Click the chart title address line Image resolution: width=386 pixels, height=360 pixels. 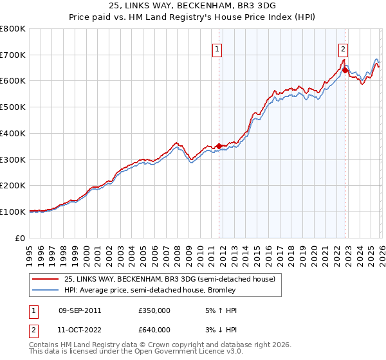coord(193,6)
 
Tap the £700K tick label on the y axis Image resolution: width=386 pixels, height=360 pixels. coord(13,55)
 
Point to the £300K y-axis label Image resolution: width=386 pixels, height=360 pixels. coord(13,159)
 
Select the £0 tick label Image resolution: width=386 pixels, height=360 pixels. coord(19,238)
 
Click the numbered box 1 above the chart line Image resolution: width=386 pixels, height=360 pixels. coord(217,48)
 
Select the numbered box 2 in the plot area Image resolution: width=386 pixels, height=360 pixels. coord(344,48)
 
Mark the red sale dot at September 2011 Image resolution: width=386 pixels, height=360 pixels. coord(219,146)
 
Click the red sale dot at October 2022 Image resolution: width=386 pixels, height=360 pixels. coord(345,69)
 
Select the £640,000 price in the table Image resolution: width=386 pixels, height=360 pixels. coord(154,330)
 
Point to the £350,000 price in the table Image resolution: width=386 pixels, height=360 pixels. coord(154,310)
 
